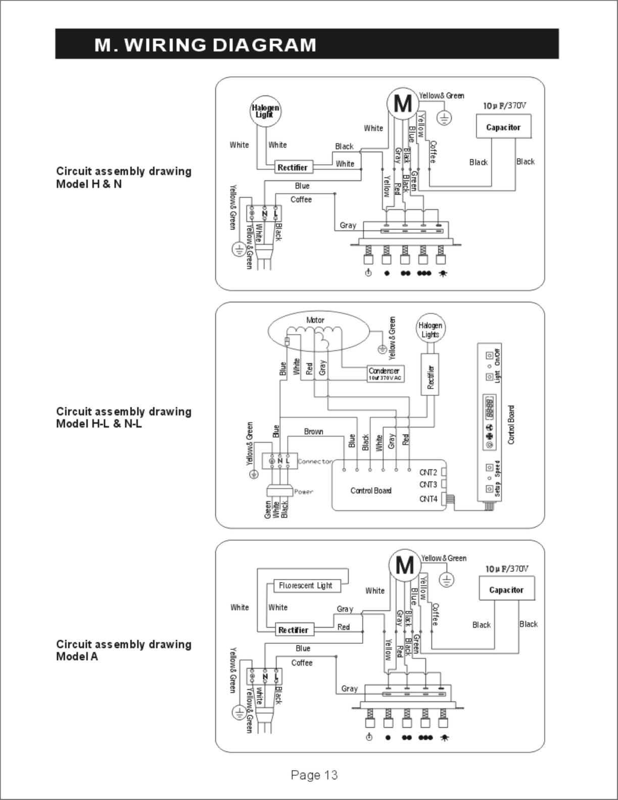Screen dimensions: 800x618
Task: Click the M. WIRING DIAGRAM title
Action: click(x=205, y=45)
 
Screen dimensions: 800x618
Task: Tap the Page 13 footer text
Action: click(x=314, y=775)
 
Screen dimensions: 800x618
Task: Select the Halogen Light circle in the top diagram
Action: click(x=265, y=111)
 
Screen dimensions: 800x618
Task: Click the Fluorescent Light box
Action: click(x=306, y=585)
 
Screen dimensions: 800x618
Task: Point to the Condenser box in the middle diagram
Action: click(x=386, y=373)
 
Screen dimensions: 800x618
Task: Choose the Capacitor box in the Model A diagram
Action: click(x=506, y=590)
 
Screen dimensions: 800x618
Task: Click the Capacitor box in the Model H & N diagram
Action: click(x=503, y=127)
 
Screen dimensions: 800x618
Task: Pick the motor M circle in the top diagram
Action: click(x=403, y=104)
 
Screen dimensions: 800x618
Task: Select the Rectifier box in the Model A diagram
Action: click(x=293, y=630)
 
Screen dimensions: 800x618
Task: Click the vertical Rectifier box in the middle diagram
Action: click(x=431, y=374)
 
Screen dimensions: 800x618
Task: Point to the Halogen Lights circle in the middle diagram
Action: click(x=430, y=330)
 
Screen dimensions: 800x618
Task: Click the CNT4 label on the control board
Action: click(x=428, y=499)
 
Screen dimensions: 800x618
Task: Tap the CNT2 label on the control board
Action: click(x=428, y=473)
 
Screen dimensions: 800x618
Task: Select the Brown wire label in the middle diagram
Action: click(x=313, y=432)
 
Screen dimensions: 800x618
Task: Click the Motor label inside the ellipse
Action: click(x=315, y=320)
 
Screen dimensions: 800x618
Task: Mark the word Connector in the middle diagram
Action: click(x=315, y=461)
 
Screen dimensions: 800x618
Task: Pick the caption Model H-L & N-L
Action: click(x=99, y=423)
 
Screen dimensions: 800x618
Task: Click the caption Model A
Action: click(x=77, y=656)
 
